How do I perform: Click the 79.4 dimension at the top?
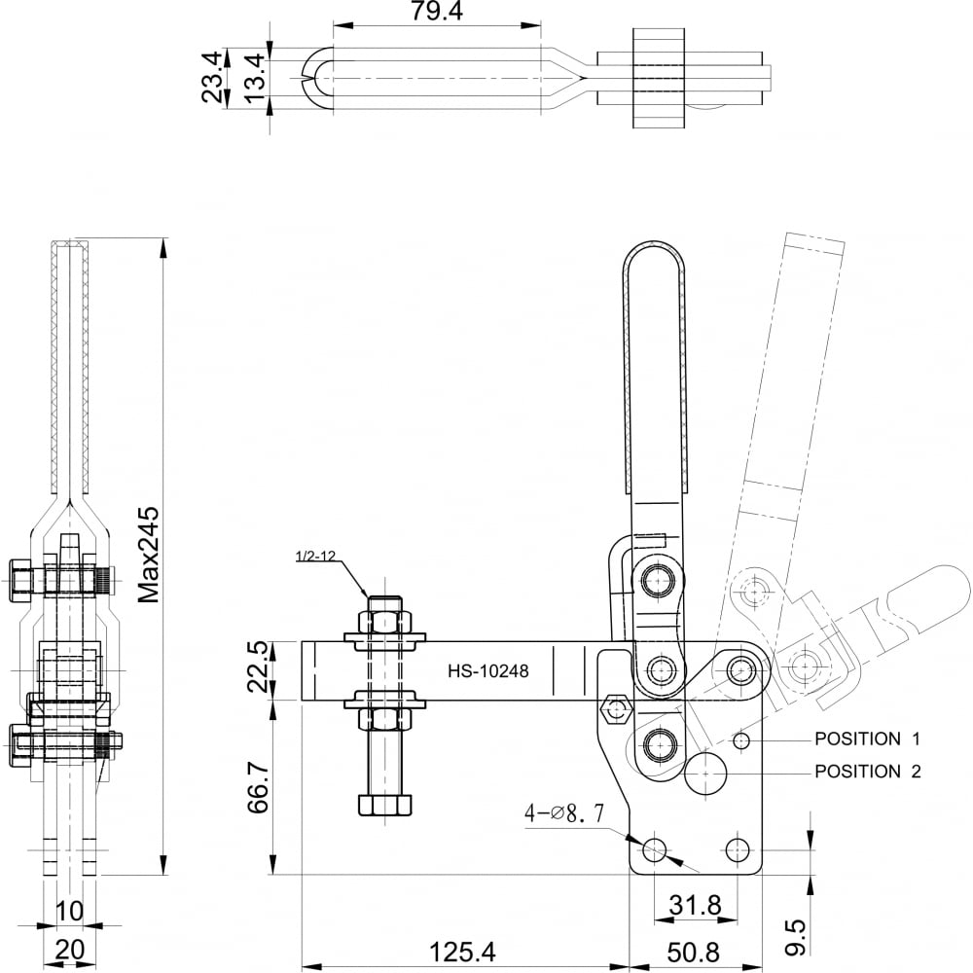tap(436, 11)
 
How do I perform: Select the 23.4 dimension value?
tap(211, 77)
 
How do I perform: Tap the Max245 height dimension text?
tap(148, 555)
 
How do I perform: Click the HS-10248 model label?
tap(488, 670)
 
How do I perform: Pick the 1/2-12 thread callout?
tap(315, 556)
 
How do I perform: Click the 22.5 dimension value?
tap(258, 667)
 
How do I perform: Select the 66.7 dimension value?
tap(258, 787)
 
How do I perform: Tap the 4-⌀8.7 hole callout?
tap(564, 812)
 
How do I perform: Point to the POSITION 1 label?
tap(868, 739)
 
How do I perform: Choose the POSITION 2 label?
tap(868, 772)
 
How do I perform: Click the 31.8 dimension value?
tap(695, 905)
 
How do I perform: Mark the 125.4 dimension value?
tap(462, 952)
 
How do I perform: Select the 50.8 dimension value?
tap(693, 952)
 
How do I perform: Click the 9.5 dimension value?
tap(795, 937)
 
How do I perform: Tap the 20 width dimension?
tap(69, 950)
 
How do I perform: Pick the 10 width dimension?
tap(69, 911)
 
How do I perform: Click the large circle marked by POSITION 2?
tap(705, 773)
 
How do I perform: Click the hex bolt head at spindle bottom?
tap(384, 805)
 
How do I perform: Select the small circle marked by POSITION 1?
tap(740, 740)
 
